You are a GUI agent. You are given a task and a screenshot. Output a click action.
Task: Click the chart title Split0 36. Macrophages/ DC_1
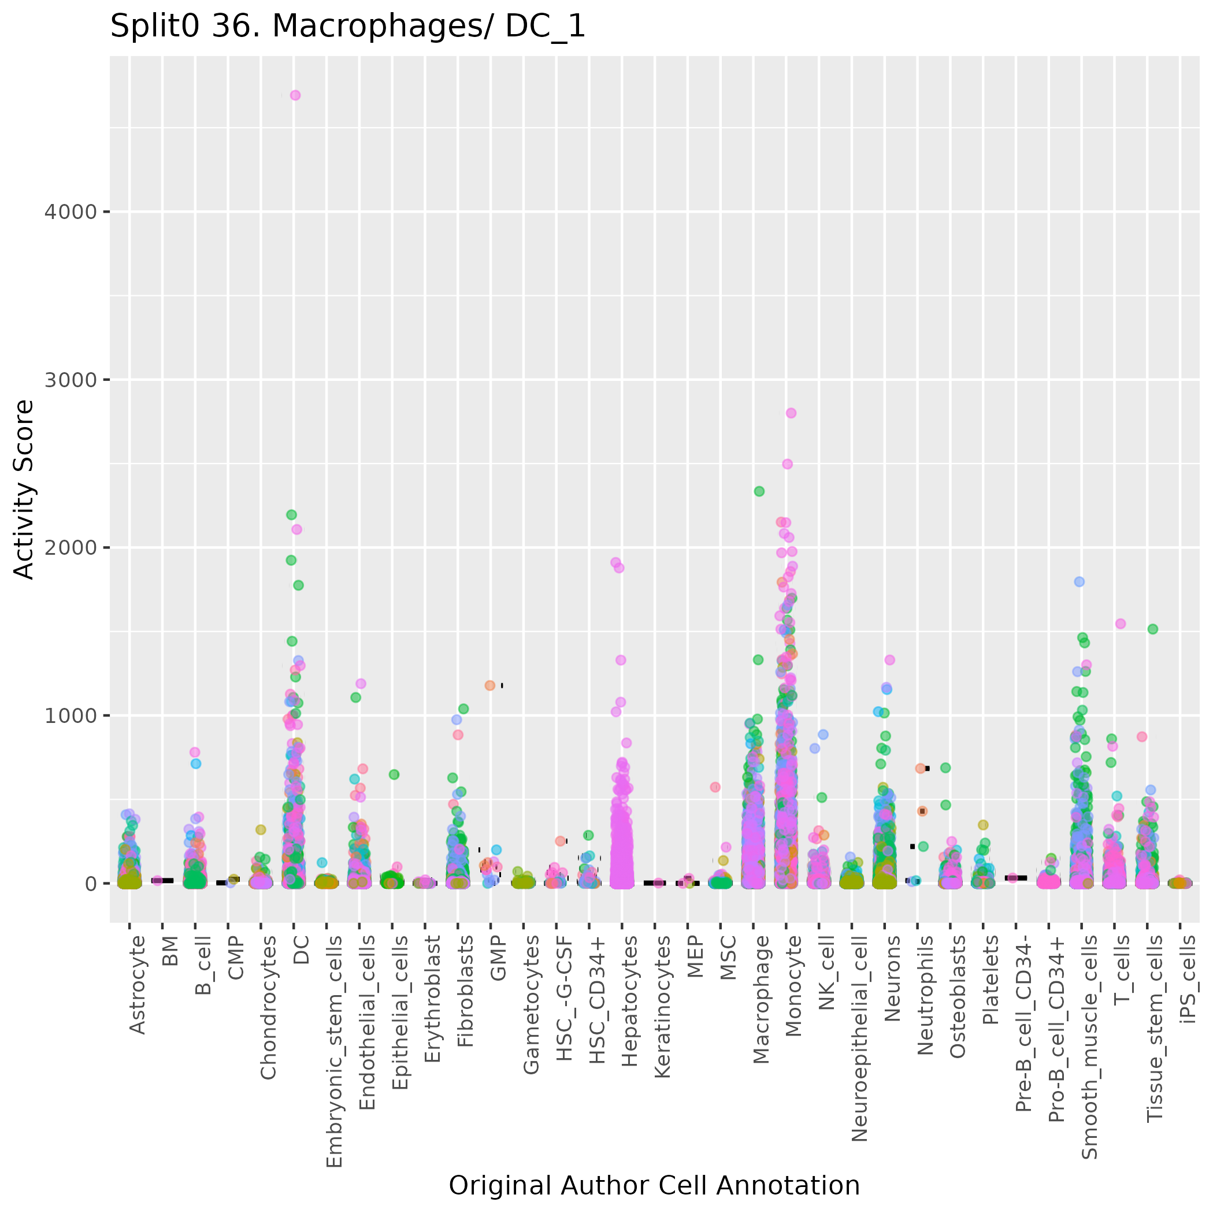click(x=347, y=27)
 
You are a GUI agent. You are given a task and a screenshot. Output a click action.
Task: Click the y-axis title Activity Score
click(x=24, y=489)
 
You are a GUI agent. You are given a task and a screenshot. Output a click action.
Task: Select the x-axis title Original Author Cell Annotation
click(x=654, y=1186)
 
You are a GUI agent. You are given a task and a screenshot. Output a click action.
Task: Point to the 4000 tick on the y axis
click(x=71, y=212)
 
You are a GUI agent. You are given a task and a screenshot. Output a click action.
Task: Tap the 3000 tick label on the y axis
click(x=71, y=380)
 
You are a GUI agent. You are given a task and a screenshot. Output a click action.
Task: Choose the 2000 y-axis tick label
click(x=71, y=547)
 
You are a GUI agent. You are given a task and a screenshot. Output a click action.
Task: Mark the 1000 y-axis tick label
click(x=71, y=716)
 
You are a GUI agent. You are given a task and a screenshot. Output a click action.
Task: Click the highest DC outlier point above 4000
click(x=295, y=95)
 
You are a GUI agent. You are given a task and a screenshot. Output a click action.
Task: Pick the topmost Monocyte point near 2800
click(x=791, y=413)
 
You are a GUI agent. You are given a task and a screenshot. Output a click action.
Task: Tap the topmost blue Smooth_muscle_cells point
click(x=1080, y=582)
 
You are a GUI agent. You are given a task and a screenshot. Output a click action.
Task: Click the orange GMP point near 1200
click(x=489, y=685)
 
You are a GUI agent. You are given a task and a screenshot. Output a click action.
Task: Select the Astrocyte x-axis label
click(x=137, y=985)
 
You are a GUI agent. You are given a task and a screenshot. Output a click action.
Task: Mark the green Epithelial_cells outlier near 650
click(x=394, y=775)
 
